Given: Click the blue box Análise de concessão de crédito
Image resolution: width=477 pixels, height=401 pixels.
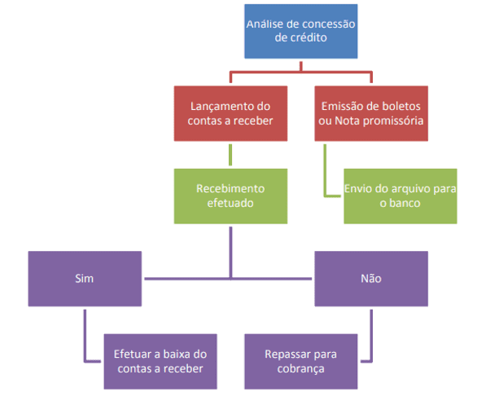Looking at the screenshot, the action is pyautogui.click(x=301, y=31).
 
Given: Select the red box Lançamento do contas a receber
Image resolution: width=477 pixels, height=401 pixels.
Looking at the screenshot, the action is pyautogui.click(x=230, y=113).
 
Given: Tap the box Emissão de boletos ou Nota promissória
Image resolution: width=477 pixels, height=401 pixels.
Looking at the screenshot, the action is pyautogui.click(x=371, y=113).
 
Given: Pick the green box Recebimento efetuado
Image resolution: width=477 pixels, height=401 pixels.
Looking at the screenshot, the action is pyautogui.click(x=230, y=196).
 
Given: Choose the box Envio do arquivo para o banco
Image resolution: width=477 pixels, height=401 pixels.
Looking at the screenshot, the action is pyautogui.click(x=400, y=196).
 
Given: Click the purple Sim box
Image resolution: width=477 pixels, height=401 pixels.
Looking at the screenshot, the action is pyautogui.click(x=85, y=279).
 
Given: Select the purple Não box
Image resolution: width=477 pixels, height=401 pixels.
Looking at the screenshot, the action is pyautogui.click(x=371, y=279).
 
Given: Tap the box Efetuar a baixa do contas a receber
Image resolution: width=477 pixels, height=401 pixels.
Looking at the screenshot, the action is pyautogui.click(x=160, y=361).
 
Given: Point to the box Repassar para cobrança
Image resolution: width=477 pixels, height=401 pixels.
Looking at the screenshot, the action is pyautogui.click(x=301, y=361).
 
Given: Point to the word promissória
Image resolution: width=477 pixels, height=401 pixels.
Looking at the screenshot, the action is pyautogui.click(x=393, y=121).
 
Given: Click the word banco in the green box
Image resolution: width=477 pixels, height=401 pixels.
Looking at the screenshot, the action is pyautogui.click(x=406, y=203).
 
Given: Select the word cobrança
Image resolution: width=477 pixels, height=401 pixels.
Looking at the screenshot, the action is pyautogui.click(x=300, y=369).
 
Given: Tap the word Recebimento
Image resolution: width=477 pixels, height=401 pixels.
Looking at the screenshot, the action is pyautogui.click(x=230, y=188).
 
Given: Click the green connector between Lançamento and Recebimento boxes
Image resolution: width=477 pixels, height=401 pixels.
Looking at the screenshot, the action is pyautogui.click(x=230, y=155).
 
